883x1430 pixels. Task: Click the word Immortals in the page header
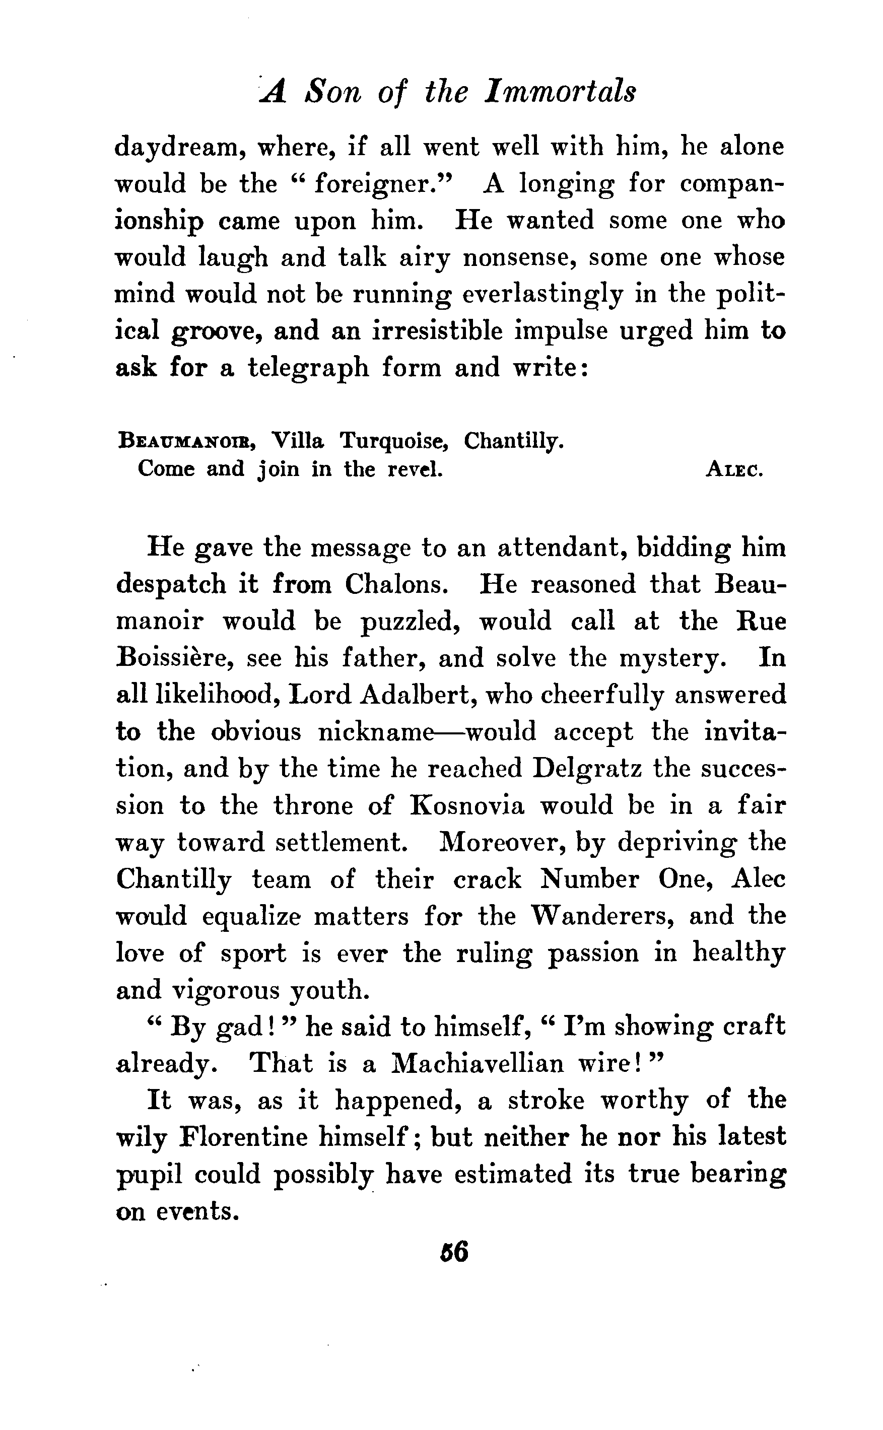(561, 92)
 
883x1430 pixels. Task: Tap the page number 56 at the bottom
(454, 1252)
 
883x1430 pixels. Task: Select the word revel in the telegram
(415, 469)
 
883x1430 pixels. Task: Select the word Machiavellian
(477, 1063)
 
